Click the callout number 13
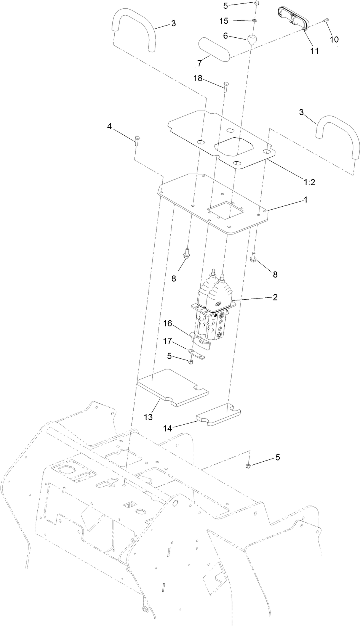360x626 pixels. (x=148, y=417)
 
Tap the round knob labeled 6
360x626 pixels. (x=252, y=40)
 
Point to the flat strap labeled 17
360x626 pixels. (x=196, y=354)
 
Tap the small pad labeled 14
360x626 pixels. (x=219, y=415)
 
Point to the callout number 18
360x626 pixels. (x=198, y=79)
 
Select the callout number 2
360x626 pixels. (x=275, y=297)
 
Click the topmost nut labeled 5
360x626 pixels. (x=256, y=3)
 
